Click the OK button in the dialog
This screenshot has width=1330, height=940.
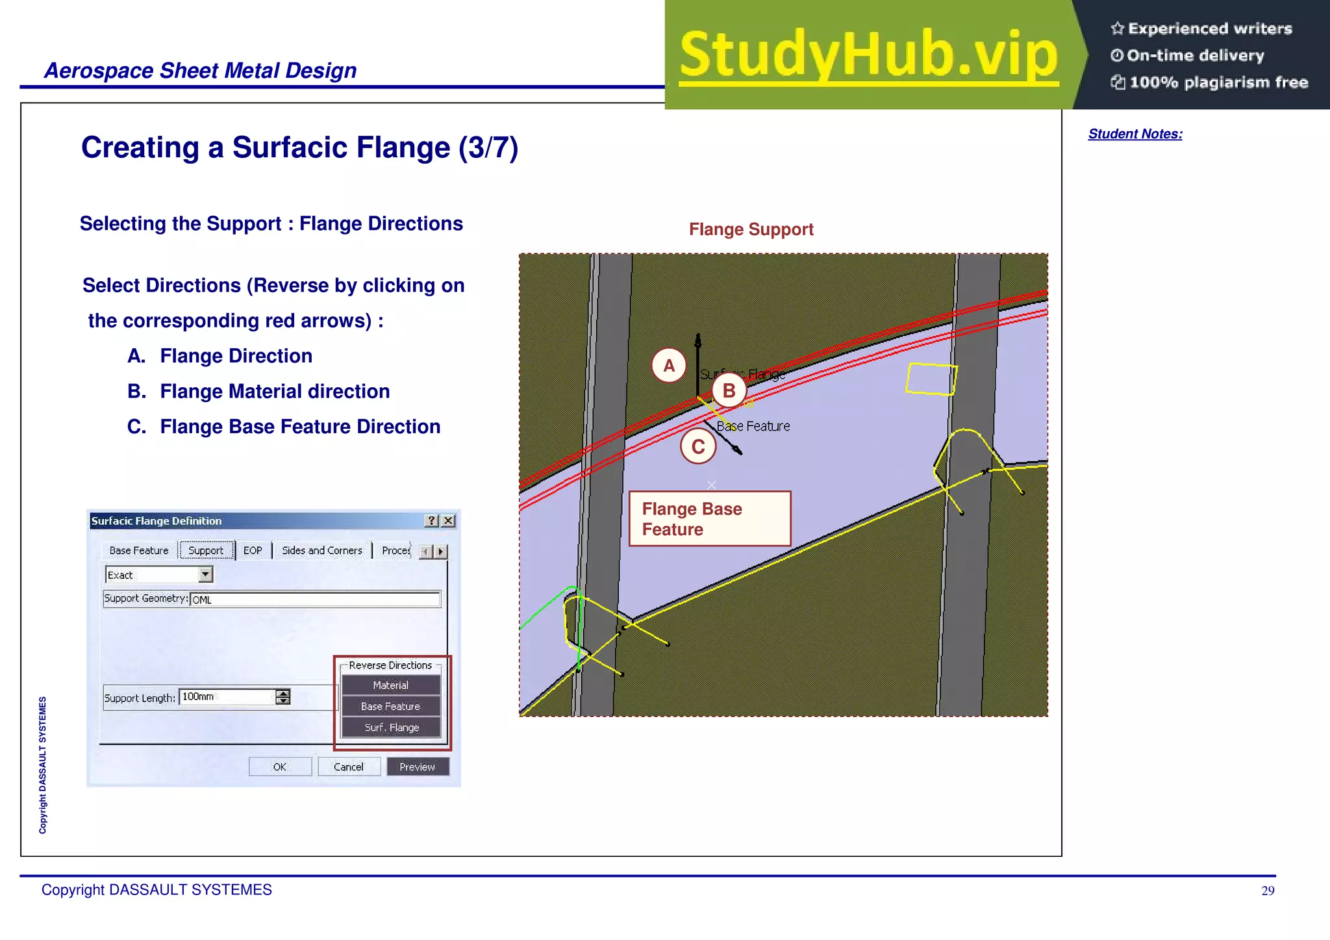[280, 767]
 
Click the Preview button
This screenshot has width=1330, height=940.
[417, 767]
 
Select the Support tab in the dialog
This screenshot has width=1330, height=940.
[206, 550]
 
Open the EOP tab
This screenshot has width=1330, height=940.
[253, 550]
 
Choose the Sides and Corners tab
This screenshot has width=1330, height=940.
[321, 550]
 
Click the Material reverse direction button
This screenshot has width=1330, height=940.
[390, 685]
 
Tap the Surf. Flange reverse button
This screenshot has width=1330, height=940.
[391, 728]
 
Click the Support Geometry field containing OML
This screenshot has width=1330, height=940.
[315, 599]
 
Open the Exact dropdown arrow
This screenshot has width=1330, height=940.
[205, 574]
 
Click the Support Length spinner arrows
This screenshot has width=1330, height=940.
[282, 697]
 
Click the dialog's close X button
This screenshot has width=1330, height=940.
[448, 520]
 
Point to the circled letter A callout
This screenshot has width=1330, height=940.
[669, 366]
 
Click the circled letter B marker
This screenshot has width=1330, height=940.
[729, 390]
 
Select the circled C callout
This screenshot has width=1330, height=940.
[698, 446]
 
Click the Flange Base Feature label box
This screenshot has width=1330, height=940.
[709, 518]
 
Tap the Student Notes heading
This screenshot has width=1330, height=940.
[1135, 134]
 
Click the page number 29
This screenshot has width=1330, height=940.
[1267, 891]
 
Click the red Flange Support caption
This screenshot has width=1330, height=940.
[751, 229]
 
